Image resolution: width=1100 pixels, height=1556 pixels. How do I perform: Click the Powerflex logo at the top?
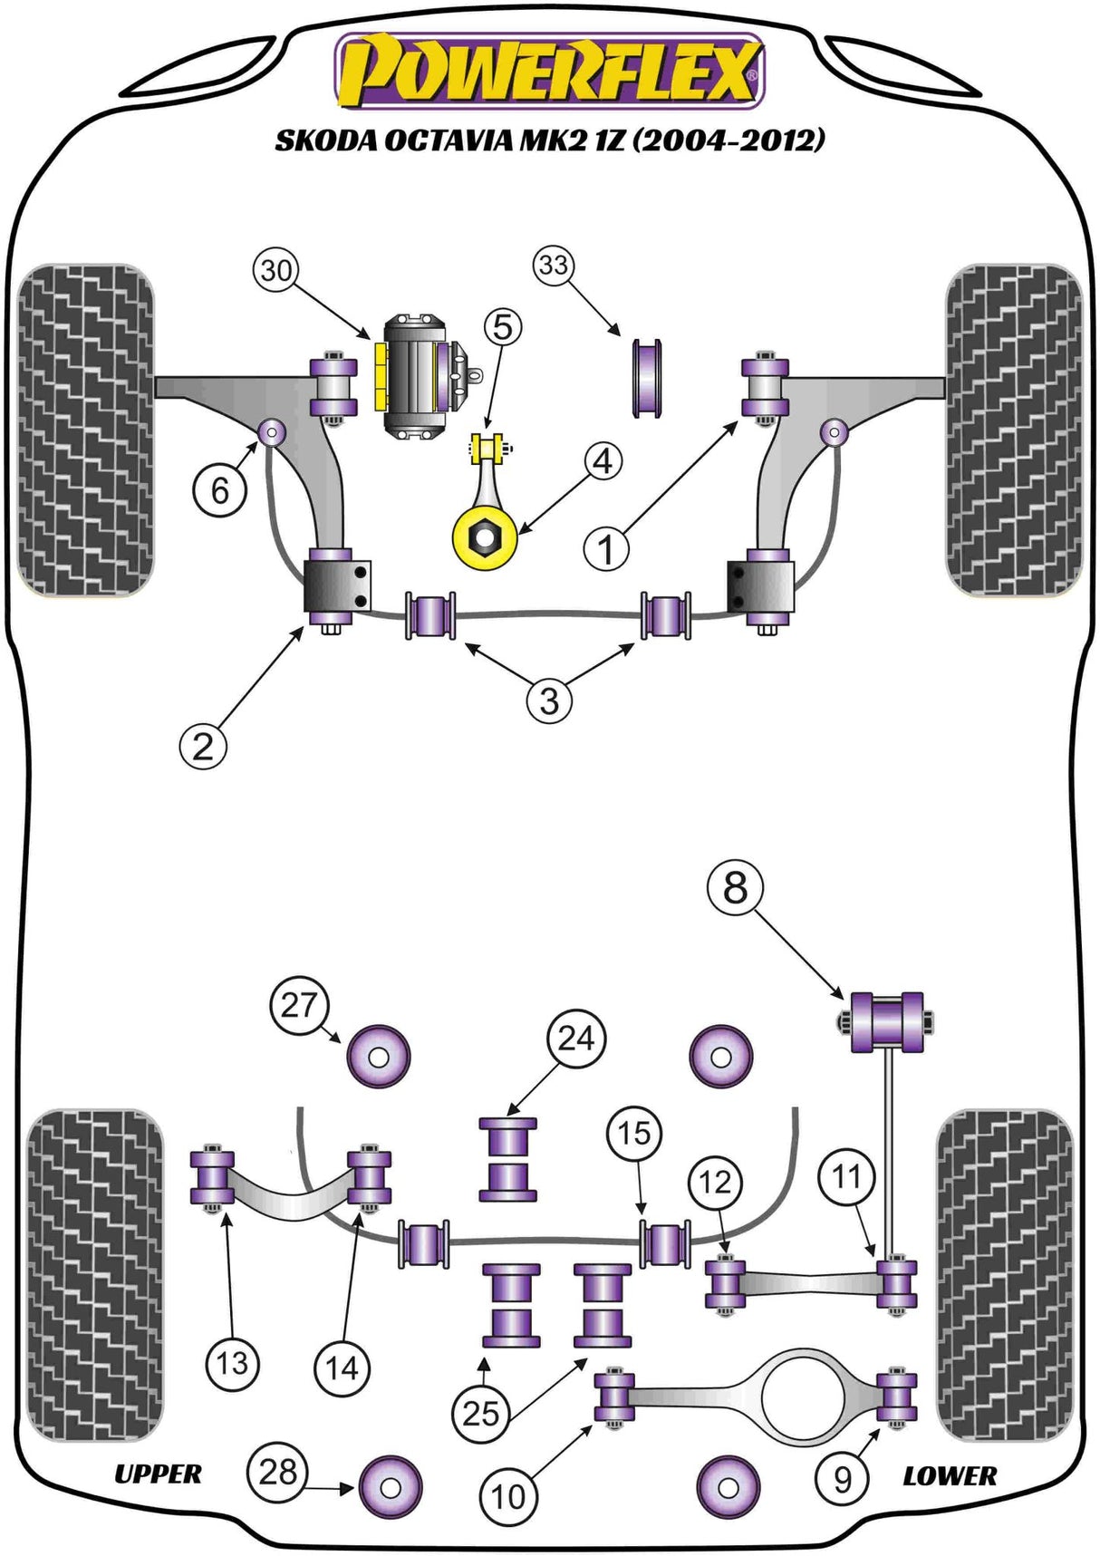550,71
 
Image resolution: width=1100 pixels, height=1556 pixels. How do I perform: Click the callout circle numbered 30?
276,270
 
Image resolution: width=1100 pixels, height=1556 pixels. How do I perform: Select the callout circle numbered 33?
554,266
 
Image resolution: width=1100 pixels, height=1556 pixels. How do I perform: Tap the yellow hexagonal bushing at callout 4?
485,538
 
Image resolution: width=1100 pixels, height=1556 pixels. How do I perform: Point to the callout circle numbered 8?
735,887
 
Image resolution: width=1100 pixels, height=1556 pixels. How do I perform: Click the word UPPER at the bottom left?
158,1474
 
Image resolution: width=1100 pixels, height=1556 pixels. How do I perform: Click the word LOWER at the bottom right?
950,1476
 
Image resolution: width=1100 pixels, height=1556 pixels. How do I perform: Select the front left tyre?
86,430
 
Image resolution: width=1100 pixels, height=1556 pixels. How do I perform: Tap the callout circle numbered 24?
576,1038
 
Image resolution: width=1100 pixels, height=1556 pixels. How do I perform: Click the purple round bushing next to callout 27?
379,1057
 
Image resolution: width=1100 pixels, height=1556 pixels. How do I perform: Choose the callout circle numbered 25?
481,1413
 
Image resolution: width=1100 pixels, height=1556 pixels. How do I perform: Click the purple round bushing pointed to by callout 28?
391,1487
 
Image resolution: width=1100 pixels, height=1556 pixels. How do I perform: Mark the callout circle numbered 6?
219,490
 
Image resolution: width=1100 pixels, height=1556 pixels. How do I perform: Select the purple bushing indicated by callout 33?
647,378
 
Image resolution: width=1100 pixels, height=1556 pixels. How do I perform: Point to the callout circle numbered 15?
634,1133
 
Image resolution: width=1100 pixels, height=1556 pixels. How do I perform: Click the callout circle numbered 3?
549,701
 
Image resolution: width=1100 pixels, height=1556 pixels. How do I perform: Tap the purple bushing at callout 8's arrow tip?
886,1022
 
